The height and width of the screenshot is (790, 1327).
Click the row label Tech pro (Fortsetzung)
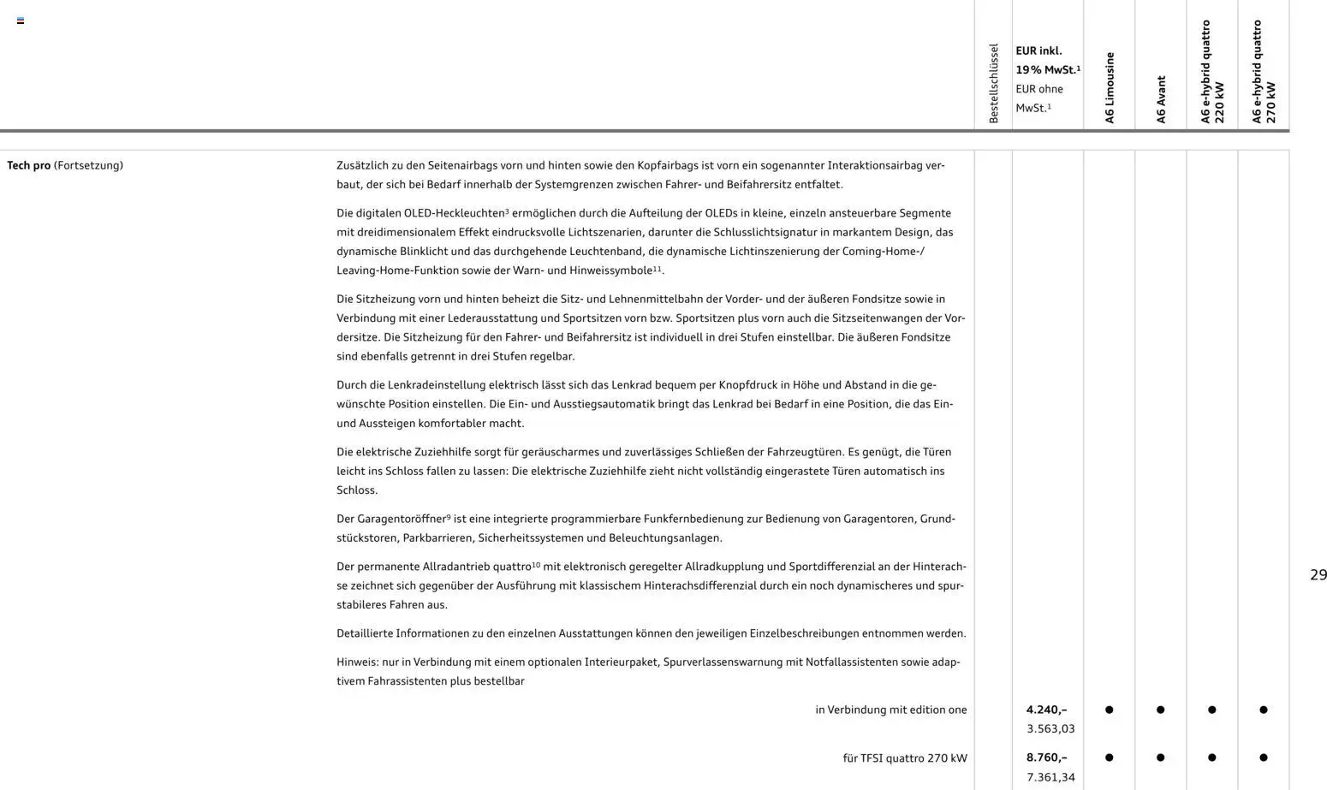pos(65,165)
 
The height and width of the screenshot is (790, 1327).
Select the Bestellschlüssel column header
pos(994,83)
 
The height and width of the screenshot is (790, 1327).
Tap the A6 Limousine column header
pos(1110,87)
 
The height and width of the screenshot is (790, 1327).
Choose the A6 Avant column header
pos(1161,99)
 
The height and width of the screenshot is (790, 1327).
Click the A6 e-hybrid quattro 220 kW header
pos(1212,73)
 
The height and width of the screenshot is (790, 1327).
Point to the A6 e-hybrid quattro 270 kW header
pos(1264,73)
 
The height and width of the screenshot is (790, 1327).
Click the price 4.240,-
pos(1046,710)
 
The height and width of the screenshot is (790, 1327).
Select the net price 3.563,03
pos(1050,729)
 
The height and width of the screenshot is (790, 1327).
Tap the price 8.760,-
pos(1046,757)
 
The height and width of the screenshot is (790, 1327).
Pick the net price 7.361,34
pos(1050,777)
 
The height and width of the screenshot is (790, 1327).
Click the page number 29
pos(1318,575)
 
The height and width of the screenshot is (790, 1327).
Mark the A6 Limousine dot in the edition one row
pos(1110,710)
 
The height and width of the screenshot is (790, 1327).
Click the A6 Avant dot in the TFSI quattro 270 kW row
pos(1161,757)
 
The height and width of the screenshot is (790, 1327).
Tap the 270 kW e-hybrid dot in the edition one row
pos(1264,710)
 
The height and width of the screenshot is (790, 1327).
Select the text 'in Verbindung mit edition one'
pos(890,710)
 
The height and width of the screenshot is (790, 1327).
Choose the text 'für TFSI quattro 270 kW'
pos(904,757)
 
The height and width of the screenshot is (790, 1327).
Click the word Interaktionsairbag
pos(866,165)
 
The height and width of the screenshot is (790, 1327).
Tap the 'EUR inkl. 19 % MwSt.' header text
pos(1047,60)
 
